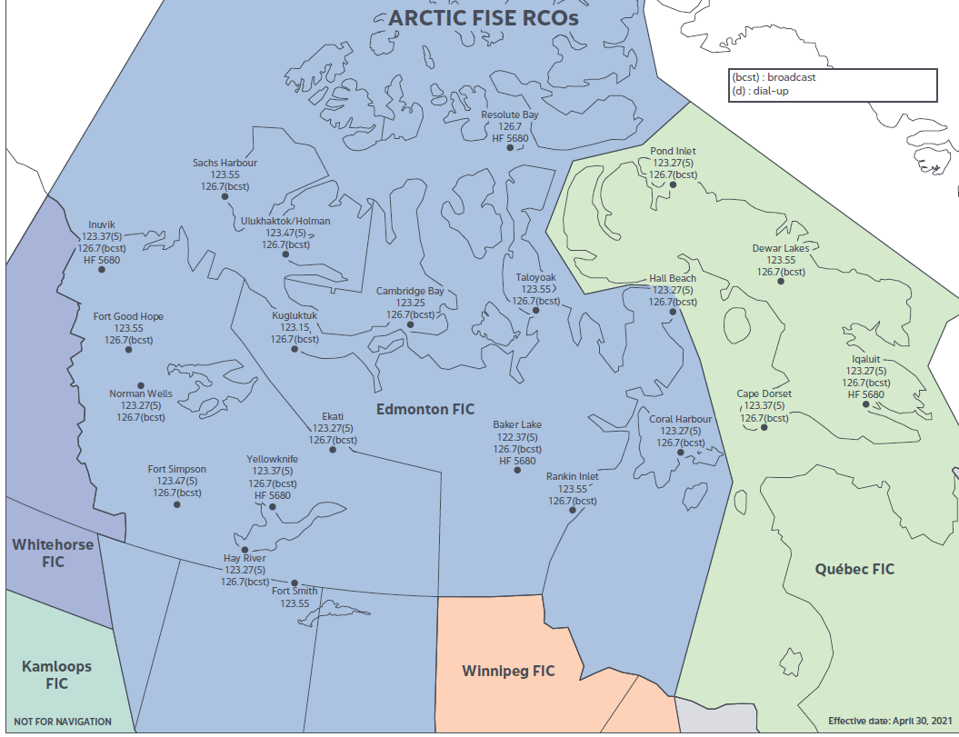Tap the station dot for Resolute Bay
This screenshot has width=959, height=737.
click(510, 147)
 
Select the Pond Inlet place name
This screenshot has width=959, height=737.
click(674, 151)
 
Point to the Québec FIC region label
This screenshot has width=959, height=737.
click(854, 569)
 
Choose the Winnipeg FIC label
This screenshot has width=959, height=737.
click(508, 672)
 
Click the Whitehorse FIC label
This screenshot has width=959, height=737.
click(52, 553)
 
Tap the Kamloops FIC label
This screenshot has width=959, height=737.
click(56, 674)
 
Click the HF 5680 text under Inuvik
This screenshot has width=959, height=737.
click(102, 260)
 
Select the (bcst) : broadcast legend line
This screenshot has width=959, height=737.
click(774, 77)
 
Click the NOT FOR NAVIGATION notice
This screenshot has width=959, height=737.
click(63, 722)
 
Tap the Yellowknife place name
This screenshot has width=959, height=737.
click(273, 460)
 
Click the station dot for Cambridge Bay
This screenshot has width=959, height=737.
click(410, 324)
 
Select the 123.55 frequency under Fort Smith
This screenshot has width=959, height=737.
click(295, 603)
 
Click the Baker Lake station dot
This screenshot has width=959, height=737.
click(517, 471)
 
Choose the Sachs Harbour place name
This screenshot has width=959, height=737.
click(225, 163)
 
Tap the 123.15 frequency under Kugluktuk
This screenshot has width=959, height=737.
click(295, 327)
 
